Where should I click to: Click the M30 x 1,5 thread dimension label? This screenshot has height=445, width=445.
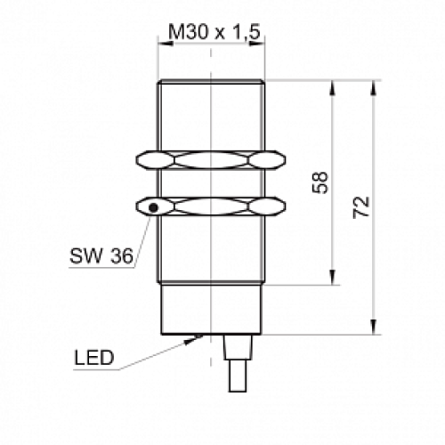click(214, 32)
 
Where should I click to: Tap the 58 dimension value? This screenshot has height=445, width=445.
click(320, 182)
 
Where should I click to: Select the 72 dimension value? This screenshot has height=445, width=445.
click(361, 207)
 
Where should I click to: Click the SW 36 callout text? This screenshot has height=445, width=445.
click(101, 255)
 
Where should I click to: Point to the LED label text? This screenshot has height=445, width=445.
click(94, 358)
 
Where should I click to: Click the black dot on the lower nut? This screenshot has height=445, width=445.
click(153, 207)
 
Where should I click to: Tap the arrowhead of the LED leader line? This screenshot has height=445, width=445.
click(194, 339)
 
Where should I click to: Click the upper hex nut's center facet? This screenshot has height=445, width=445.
click(211, 160)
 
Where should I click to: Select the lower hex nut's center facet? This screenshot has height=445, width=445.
click(211, 206)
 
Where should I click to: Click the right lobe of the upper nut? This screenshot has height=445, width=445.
click(266, 160)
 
